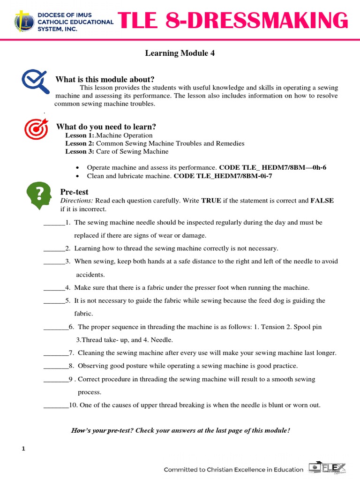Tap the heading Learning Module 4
[180, 53]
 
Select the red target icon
[36, 130]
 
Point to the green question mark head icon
[40, 196]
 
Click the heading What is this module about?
[105, 79]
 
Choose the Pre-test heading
[74, 192]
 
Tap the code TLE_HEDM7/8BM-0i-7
[223, 176]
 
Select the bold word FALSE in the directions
[322, 201]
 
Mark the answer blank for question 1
[54, 223]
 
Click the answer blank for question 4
[54, 288]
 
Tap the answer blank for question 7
[56, 353]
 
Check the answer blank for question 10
[56, 405]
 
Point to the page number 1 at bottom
[23, 449]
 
